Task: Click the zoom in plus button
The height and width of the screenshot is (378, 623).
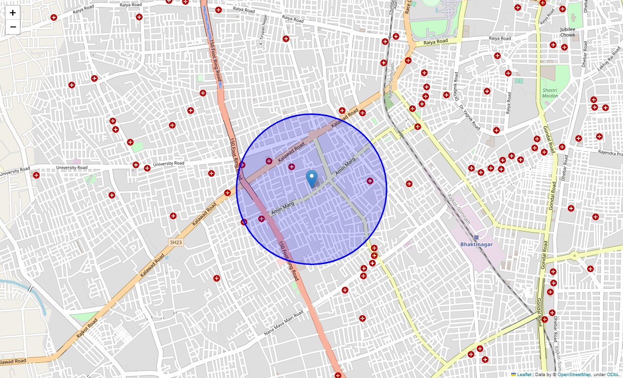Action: pos(13,13)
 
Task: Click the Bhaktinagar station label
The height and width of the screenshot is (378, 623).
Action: pos(476,244)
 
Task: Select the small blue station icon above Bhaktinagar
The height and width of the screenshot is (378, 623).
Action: pos(476,237)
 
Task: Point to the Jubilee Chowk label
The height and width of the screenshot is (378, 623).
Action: pos(568,32)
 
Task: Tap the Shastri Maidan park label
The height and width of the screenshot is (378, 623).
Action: pos(550,93)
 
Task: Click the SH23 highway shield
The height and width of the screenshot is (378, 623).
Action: pos(176,242)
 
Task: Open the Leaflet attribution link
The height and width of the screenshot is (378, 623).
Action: pos(524,374)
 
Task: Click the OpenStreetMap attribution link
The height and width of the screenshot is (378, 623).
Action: pos(574,374)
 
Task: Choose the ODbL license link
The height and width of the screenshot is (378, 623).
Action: pos(613,374)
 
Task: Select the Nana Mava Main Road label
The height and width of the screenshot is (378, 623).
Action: pos(284,324)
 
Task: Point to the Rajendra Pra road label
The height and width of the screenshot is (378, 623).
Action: pos(610,153)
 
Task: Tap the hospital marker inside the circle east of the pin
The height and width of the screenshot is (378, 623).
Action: pos(370,180)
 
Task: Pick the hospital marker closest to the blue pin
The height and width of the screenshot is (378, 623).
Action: pos(292,167)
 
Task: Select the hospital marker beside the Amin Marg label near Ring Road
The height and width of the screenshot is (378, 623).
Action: pos(261,219)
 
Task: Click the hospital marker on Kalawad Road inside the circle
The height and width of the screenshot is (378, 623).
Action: pos(269,161)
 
